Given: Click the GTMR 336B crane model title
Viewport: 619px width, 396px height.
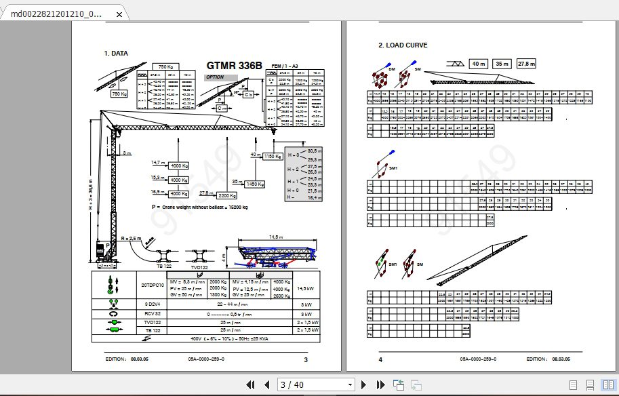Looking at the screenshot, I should (x=233, y=66).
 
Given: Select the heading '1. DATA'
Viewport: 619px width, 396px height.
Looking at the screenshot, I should (x=116, y=53).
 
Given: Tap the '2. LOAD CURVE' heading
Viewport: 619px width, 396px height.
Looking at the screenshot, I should (x=403, y=45).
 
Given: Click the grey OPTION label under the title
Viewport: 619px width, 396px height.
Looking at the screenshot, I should (x=216, y=77).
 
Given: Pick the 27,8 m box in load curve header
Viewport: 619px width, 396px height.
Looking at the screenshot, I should (x=525, y=64).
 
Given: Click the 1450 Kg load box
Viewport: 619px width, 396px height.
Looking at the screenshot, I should (x=255, y=184).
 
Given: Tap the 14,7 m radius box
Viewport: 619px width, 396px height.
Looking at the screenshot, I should (x=158, y=163).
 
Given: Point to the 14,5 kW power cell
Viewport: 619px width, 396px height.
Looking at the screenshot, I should (x=304, y=289).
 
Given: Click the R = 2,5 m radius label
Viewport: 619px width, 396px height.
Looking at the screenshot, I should (x=130, y=239).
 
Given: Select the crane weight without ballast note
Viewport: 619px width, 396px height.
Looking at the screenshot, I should (x=200, y=206).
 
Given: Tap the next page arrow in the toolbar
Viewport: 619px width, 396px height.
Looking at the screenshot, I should (x=364, y=385).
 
